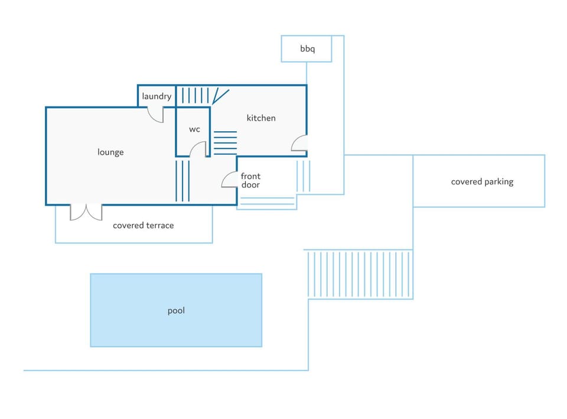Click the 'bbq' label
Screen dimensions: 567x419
[307, 49]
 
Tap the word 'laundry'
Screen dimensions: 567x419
[157, 96]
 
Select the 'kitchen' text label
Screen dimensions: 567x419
[261, 118]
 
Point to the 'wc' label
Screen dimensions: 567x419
[194, 129]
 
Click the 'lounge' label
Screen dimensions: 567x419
[110, 152]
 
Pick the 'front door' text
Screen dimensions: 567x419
[250, 181]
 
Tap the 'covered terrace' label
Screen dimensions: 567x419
[143, 225]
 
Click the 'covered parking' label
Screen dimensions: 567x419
[482, 181]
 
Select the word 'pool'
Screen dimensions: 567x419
[176, 311]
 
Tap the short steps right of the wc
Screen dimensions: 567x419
[225, 143]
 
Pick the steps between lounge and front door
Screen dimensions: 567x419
[183, 181]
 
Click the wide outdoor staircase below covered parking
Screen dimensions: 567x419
[360, 274]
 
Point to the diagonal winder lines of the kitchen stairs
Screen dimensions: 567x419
[220, 96]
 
